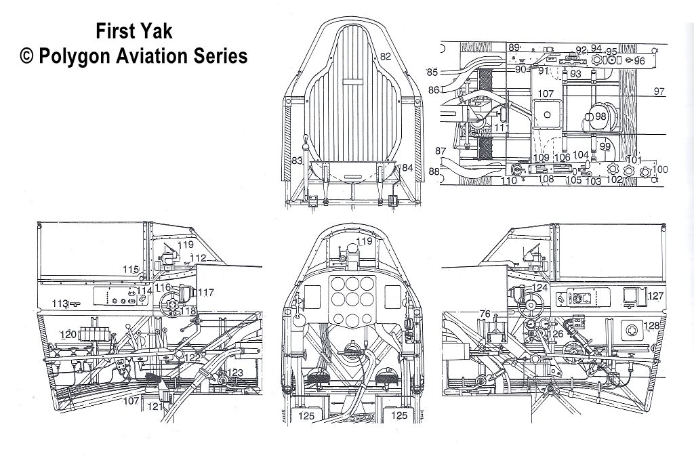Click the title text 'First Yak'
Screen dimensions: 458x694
[134, 30]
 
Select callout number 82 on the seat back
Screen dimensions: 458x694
[385, 58]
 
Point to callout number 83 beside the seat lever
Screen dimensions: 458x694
[296, 161]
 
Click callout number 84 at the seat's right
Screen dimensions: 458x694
[407, 167]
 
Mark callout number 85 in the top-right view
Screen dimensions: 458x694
[432, 72]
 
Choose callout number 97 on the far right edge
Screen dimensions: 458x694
[659, 91]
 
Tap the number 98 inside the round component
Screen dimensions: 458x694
[600, 117]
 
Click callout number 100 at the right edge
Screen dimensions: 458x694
[659, 169]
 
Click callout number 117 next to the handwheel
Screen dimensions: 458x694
[205, 293]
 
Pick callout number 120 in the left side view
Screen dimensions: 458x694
[68, 335]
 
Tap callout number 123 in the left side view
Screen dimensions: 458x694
[235, 372]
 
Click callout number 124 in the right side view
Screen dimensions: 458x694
[539, 289]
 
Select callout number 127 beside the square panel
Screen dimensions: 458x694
[655, 296]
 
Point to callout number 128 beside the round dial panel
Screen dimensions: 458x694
[651, 326]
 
